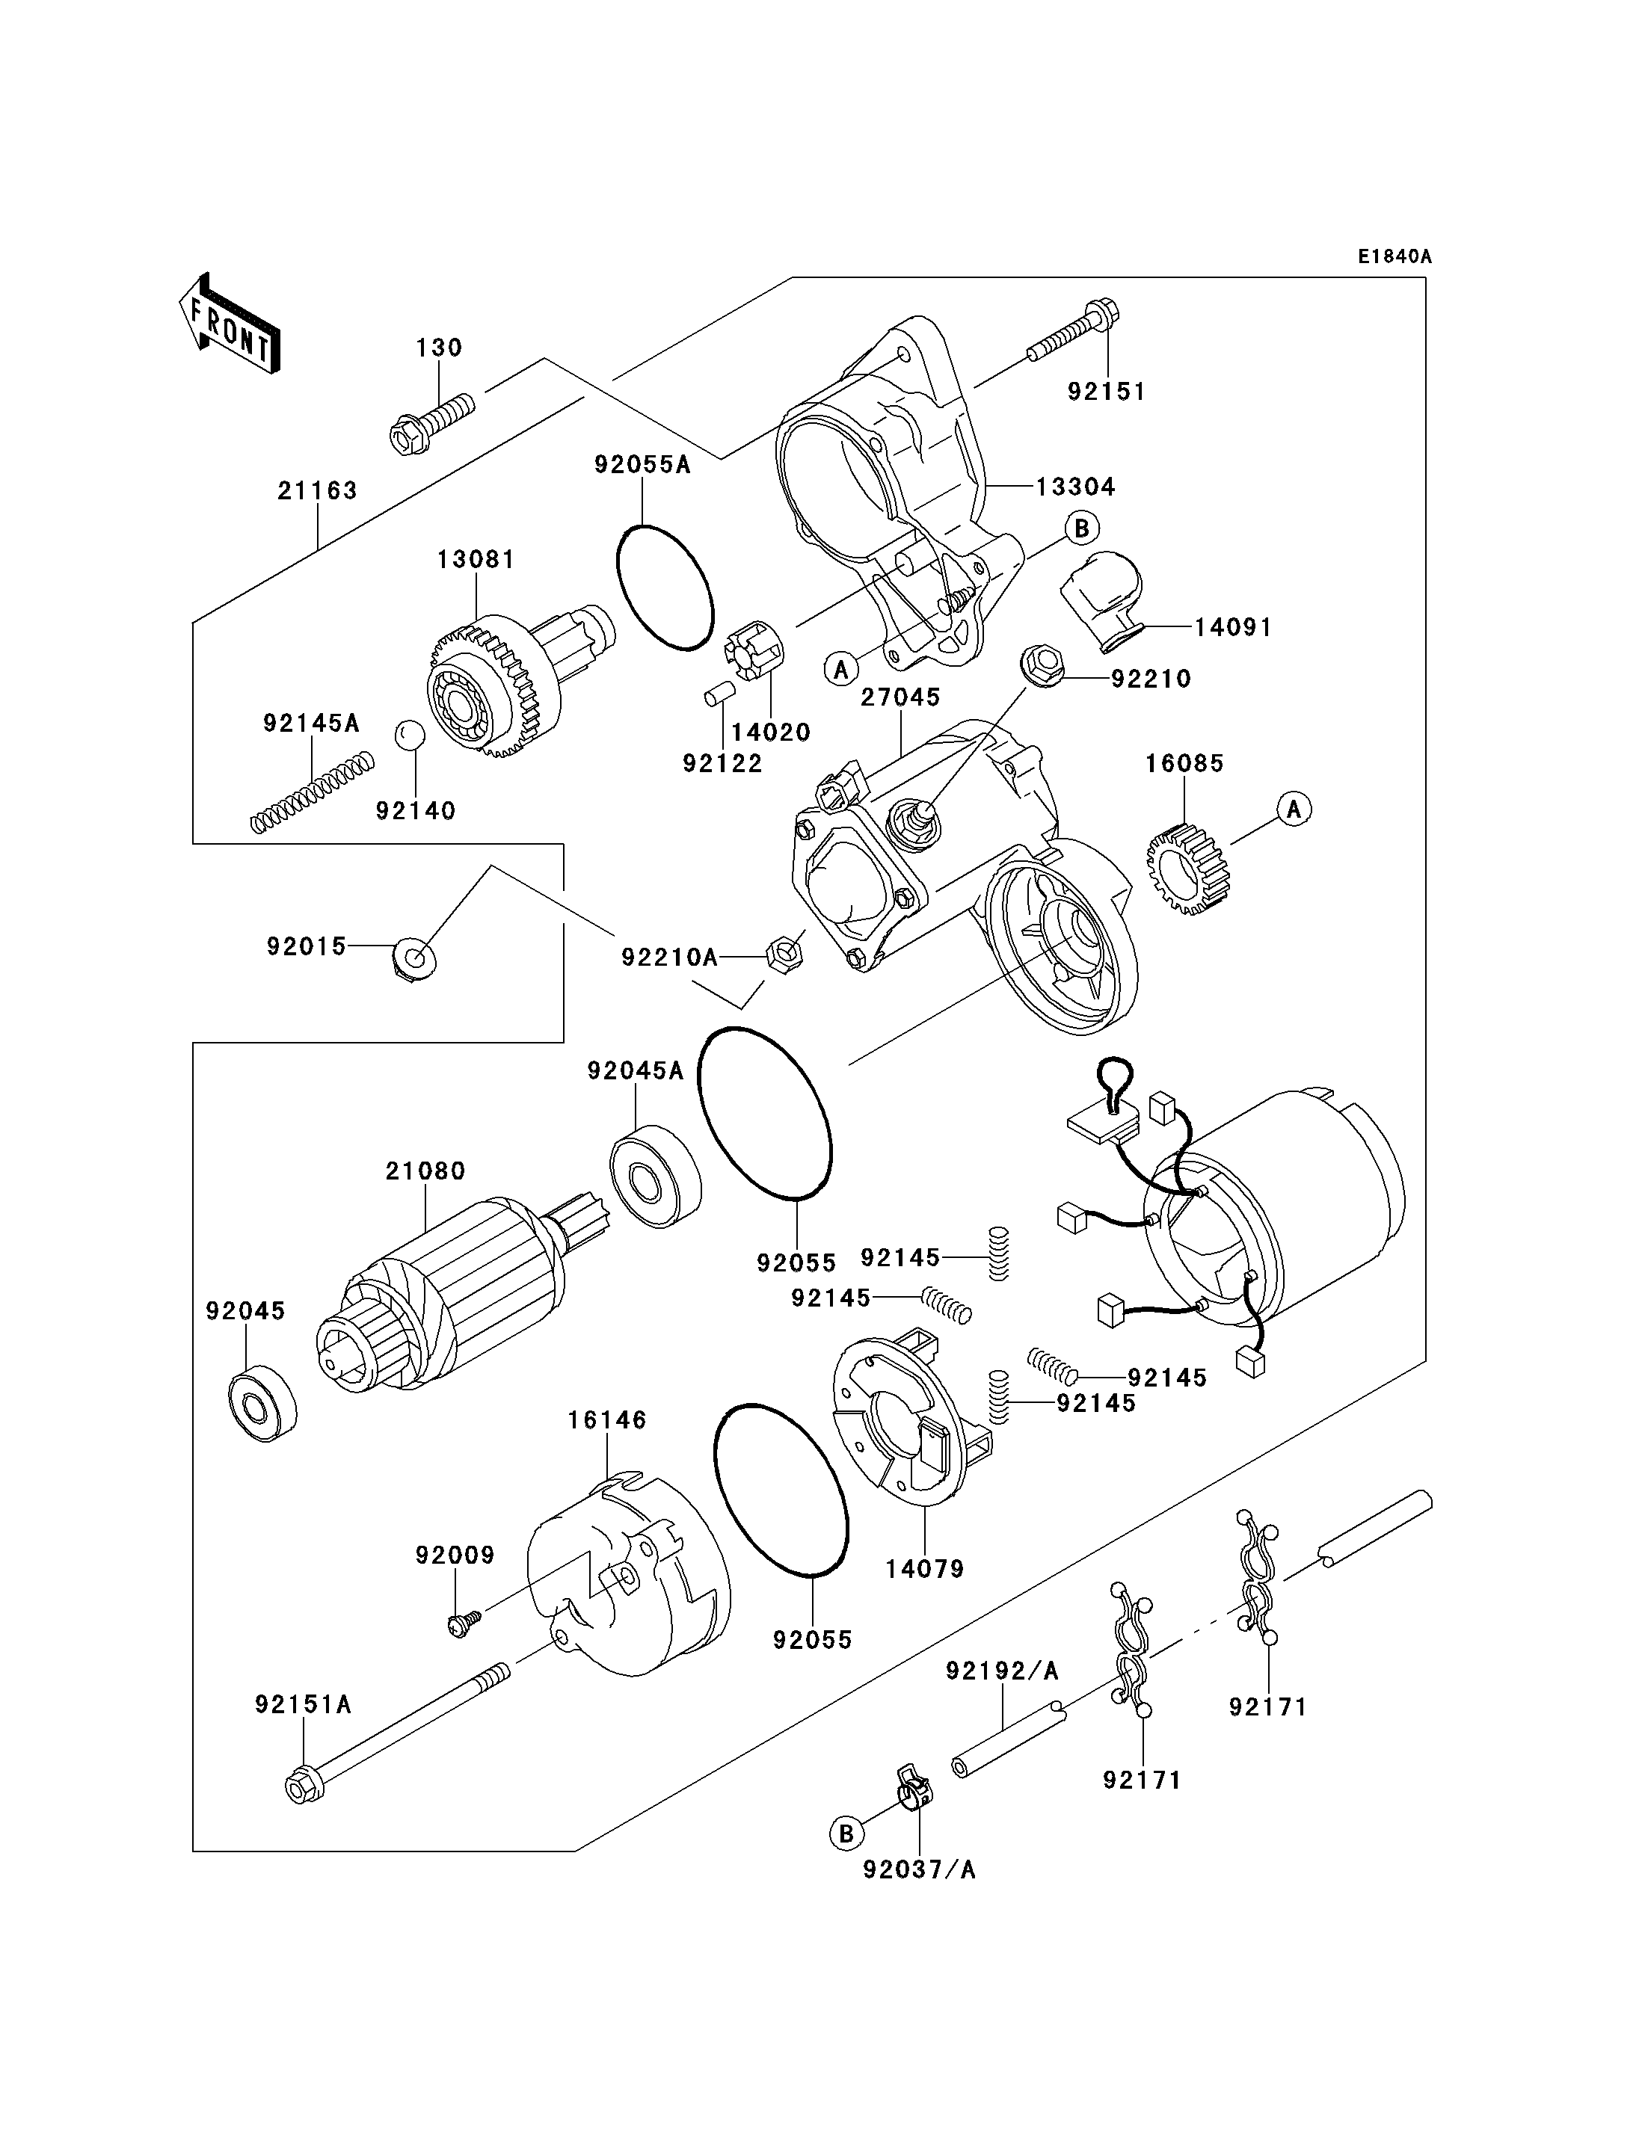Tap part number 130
coord(439,348)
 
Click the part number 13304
coord(1075,487)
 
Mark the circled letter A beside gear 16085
coord(1294,810)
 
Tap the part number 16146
coord(607,1420)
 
